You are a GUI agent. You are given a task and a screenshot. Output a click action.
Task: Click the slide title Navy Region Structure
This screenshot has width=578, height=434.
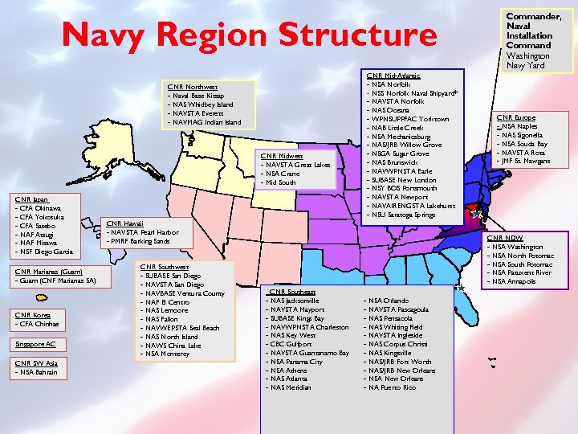(250, 35)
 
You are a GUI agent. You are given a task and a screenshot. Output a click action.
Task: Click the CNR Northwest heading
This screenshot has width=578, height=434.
(192, 86)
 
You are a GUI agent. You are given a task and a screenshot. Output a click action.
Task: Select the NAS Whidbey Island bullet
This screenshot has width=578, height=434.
(201, 104)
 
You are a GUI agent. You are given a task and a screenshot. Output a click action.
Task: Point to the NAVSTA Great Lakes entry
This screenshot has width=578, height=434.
(297, 165)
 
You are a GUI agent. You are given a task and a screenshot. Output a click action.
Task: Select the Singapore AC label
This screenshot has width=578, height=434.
(35, 344)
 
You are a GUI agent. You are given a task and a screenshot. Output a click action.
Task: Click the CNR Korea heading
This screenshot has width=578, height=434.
(33, 315)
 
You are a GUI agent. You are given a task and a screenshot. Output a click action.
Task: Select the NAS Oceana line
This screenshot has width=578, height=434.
(385, 110)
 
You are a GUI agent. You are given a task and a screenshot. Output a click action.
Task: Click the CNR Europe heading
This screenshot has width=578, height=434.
(516, 117)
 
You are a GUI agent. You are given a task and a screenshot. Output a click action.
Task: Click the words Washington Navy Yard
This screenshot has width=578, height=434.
(526, 61)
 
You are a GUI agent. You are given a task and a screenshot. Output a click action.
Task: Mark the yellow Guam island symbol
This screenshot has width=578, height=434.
(41, 297)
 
